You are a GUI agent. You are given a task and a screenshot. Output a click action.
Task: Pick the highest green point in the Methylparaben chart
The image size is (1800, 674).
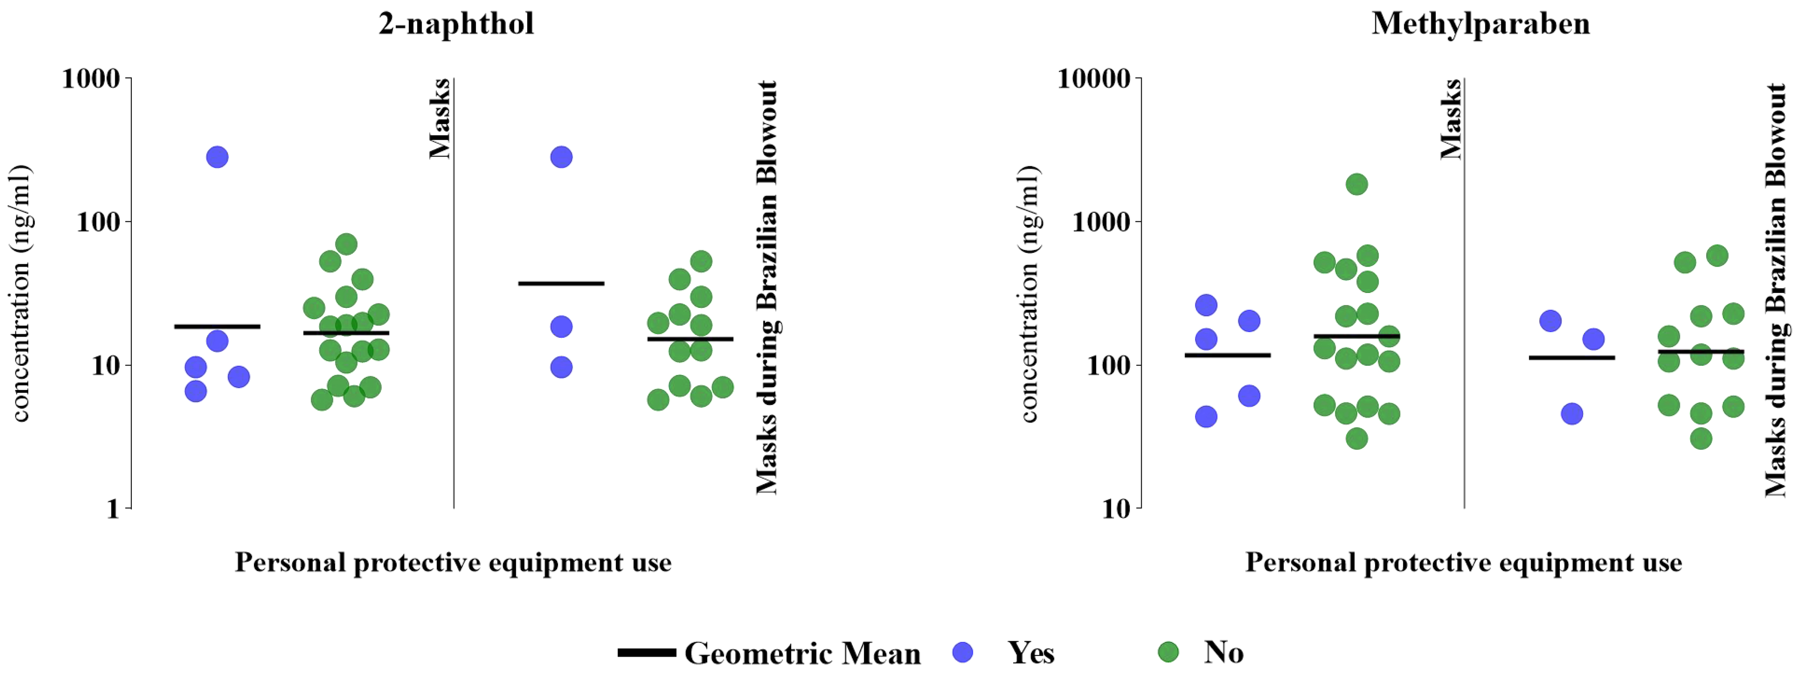(1356, 185)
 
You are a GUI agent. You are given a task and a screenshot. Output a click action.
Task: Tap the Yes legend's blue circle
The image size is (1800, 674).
(963, 652)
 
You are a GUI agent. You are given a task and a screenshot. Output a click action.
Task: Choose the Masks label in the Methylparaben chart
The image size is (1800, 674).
(1451, 119)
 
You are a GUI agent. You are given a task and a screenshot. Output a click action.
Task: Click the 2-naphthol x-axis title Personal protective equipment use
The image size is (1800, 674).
(453, 563)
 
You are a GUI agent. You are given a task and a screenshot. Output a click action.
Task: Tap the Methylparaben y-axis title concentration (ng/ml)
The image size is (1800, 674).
(1029, 294)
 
